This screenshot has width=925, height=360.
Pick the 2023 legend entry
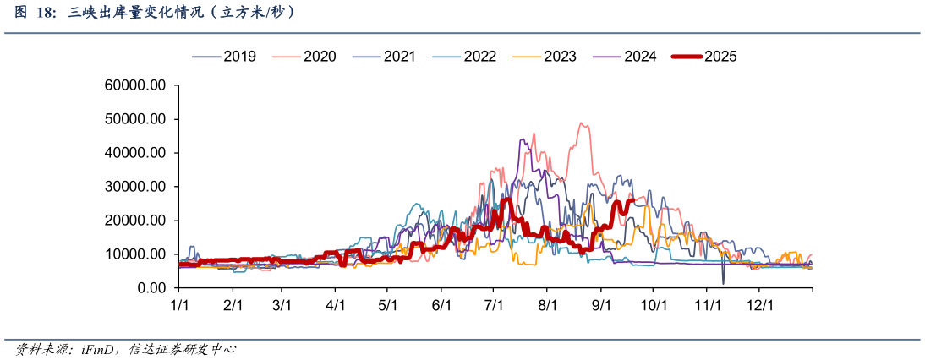click(x=545, y=57)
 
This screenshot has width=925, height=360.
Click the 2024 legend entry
click(x=625, y=57)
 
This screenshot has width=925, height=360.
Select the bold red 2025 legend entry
click(x=705, y=57)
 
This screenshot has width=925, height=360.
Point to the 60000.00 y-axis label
click(x=135, y=85)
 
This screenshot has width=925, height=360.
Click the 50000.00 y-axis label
click(x=135, y=119)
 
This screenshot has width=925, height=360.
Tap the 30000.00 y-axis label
click(x=135, y=187)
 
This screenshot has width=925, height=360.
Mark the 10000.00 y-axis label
click(x=135, y=254)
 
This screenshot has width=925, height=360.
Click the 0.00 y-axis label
click(x=152, y=288)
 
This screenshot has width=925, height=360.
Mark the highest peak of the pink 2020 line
click(x=582, y=123)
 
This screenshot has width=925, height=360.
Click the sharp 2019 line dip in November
click(x=723, y=282)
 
